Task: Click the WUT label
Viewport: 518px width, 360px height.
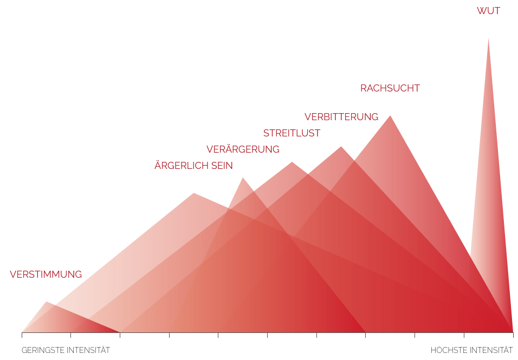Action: click(488, 11)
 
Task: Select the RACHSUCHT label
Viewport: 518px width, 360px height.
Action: click(390, 88)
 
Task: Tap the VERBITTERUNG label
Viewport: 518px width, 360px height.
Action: click(341, 117)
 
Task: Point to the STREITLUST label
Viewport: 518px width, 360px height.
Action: click(292, 133)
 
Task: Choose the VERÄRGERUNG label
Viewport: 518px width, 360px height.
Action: click(243, 149)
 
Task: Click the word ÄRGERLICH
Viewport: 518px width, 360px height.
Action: click(182, 166)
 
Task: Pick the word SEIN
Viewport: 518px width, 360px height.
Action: click(223, 166)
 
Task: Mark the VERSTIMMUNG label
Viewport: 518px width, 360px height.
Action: click(46, 274)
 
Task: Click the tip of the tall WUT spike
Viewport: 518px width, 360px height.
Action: click(488, 39)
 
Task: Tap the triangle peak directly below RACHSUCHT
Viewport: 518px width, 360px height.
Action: click(390, 116)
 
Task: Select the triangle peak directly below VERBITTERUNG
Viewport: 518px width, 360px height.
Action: click(341, 147)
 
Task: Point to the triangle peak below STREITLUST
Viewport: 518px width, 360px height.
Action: click(292, 162)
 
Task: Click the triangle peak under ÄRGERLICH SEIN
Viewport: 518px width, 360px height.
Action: click(193, 193)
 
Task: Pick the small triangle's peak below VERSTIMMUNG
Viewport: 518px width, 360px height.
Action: click(47, 302)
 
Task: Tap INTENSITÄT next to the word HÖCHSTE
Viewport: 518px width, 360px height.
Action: click(490, 350)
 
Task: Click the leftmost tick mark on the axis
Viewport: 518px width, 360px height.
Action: click(22, 335)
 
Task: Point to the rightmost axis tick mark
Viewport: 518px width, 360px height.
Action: click(513, 335)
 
